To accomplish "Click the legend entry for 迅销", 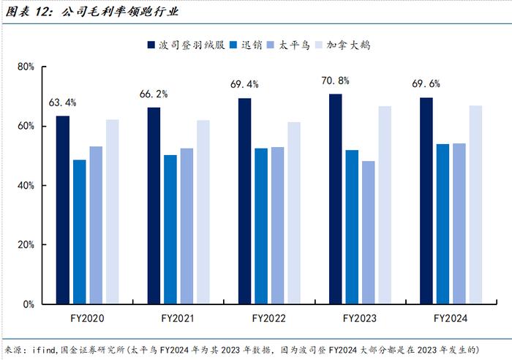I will click(247, 45).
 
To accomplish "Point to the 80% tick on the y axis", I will click(26, 67).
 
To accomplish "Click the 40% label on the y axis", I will click(26, 186).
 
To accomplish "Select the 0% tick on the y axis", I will click(28, 304).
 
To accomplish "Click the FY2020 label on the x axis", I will click(87, 319).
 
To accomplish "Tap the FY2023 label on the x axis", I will click(359, 319).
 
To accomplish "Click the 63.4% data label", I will click(63, 102).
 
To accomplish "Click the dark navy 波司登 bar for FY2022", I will click(244, 200).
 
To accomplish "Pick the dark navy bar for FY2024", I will click(426, 200).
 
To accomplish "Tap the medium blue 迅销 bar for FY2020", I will click(79, 231).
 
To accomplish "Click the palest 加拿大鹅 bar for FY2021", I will click(203, 211).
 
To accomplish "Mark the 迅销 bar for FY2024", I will click(443, 223).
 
